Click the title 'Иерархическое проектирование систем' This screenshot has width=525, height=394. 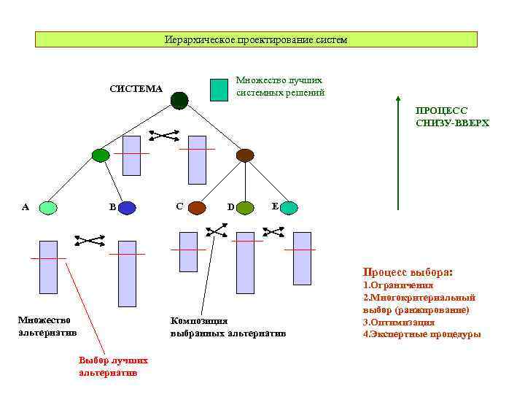256,39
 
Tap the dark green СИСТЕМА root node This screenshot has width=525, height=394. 179,100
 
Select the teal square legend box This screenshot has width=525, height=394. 219,89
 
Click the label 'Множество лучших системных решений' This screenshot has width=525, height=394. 280,87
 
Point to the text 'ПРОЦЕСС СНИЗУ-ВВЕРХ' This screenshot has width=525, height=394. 452,117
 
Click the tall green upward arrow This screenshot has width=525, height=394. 397,153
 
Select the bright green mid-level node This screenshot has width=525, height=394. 101,155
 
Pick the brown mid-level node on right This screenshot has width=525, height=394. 245,155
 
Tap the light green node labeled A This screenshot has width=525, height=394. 48,208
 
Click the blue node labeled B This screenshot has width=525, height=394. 127,208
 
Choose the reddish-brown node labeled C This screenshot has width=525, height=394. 198,208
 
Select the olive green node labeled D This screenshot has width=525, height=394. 245,208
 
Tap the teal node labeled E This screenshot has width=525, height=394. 289,208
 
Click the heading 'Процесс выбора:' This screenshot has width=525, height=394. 408,271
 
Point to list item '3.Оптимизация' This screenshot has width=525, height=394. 399,322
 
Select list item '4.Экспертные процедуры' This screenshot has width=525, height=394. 421,334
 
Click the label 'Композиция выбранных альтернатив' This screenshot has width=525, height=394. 227,327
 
